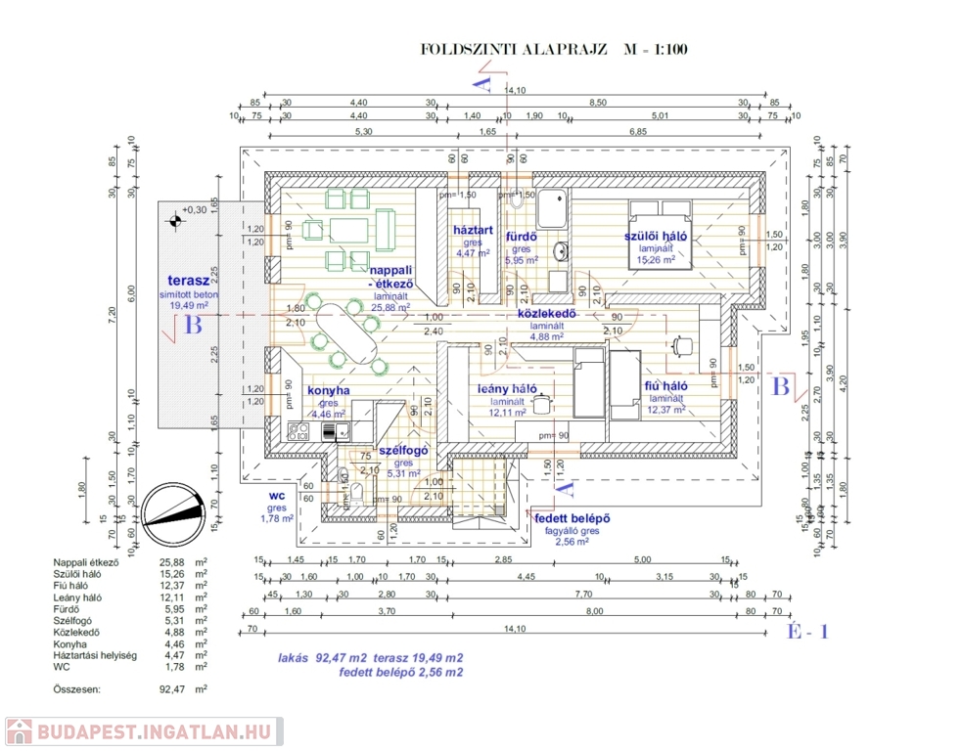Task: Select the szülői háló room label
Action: pos(656,237)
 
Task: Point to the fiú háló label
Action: pos(664,386)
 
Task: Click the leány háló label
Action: pos(505,388)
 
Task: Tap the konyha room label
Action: pos(329,390)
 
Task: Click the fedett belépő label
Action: pos(573,517)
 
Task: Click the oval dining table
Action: pos(349,330)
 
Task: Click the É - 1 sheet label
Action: pos(808,632)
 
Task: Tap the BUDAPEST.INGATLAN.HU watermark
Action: pos(144,732)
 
